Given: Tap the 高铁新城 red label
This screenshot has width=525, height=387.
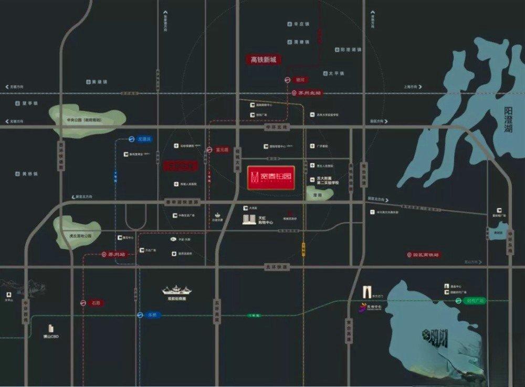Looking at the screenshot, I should tap(262, 60).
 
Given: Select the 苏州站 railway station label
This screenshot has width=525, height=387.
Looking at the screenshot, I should tap(116, 254).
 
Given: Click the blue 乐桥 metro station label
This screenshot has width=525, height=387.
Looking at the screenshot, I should tap(151, 315).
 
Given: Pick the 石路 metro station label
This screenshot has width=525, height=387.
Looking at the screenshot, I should tap(95, 303).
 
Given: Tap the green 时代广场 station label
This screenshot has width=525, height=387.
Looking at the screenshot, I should tap(475, 301).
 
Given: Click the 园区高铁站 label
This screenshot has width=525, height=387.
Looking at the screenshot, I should tap(426, 255).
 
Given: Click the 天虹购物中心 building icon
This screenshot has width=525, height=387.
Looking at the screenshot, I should tap(249, 219).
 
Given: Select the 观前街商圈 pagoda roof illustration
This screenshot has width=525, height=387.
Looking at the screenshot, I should tap(176, 290).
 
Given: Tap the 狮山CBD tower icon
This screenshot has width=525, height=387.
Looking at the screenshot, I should tap(51, 328).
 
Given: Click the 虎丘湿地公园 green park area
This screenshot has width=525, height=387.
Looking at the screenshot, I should tap(78, 231).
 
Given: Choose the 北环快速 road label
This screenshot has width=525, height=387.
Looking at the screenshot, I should tap(277, 267).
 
